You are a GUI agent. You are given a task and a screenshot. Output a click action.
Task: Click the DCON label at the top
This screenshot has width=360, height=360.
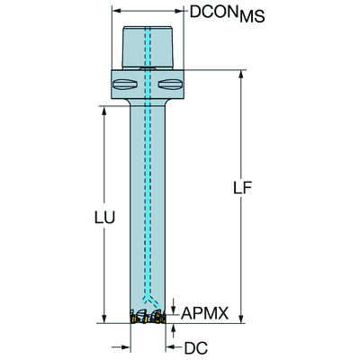point(215,12)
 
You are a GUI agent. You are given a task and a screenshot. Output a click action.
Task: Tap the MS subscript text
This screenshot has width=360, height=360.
point(252,16)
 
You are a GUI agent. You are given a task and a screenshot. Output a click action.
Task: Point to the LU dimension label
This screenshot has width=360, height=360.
point(104,218)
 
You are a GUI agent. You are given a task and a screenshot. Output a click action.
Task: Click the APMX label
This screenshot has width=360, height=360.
point(205,313)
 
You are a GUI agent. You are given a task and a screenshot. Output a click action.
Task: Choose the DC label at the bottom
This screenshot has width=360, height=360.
point(195,348)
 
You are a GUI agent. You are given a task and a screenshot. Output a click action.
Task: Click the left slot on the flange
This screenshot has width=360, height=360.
point(126,85)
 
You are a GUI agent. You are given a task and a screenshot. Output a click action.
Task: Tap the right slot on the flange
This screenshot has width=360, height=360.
point(170,85)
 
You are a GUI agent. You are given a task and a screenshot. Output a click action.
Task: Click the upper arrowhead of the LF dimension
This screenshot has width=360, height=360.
point(241,75)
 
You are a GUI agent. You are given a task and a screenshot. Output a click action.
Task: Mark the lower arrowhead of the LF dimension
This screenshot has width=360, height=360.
point(241,319)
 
